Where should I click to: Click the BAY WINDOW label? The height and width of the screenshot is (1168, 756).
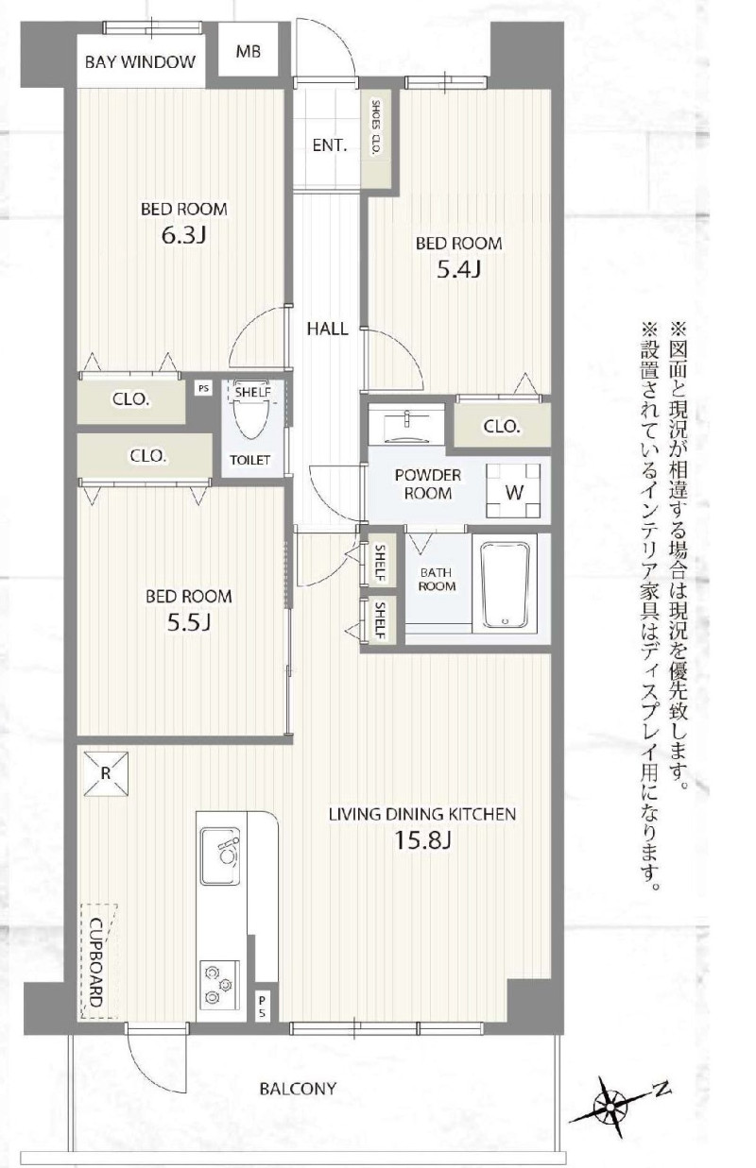pos(140,62)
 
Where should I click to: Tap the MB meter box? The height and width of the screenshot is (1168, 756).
pos(248,51)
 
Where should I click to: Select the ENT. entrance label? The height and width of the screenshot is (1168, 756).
pos(330,145)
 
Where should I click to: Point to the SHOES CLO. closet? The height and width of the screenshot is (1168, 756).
pos(375,138)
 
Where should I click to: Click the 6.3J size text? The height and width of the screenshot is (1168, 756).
pos(183,236)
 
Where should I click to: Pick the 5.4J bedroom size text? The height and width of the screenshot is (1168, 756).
pos(458,270)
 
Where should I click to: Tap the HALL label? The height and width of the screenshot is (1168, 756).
pos(327,329)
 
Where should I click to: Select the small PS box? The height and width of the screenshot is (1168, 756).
pos(204,388)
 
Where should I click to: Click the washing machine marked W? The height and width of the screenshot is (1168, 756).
pos(513,491)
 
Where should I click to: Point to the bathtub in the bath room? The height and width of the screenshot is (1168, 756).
pos(505,585)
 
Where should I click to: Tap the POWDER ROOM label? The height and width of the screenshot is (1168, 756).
pos(428,483)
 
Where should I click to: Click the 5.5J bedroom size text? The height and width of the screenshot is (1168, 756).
pos(188,622)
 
